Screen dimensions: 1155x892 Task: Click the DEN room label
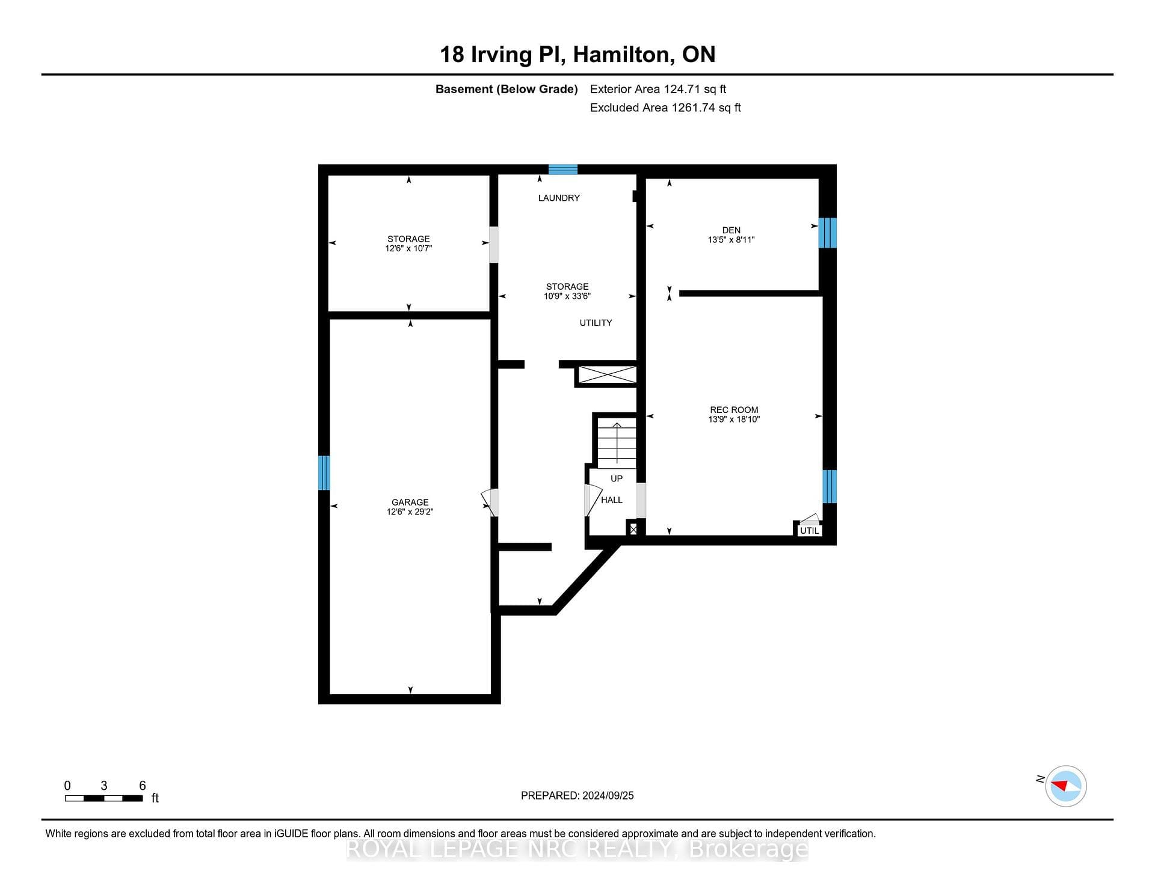(x=731, y=230)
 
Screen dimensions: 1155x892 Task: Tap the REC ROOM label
(x=734, y=410)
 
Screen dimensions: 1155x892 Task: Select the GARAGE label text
(x=410, y=503)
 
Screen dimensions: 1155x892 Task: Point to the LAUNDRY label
(x=559, y=198)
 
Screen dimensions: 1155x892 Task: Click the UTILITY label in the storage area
(x=596, y=323)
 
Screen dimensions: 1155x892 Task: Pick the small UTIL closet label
(x=809, y=531)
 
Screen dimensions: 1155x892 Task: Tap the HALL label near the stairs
(x=612, y=500)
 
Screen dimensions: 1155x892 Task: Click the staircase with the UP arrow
(x=617, y=443)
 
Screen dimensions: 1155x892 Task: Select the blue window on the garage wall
(x=324, y=472)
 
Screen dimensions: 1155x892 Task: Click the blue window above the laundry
(x=563, y=170)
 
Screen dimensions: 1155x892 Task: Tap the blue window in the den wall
(x=828, y=233)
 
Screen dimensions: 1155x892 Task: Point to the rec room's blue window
(x=830, y=486)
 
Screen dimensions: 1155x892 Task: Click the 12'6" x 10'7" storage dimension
(x=408, y=248)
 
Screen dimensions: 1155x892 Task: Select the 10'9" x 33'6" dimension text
(x=567, y=296)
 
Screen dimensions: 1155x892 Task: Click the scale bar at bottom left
(x=104, y=798)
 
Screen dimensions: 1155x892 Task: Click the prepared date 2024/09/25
(x=608, y=795)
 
